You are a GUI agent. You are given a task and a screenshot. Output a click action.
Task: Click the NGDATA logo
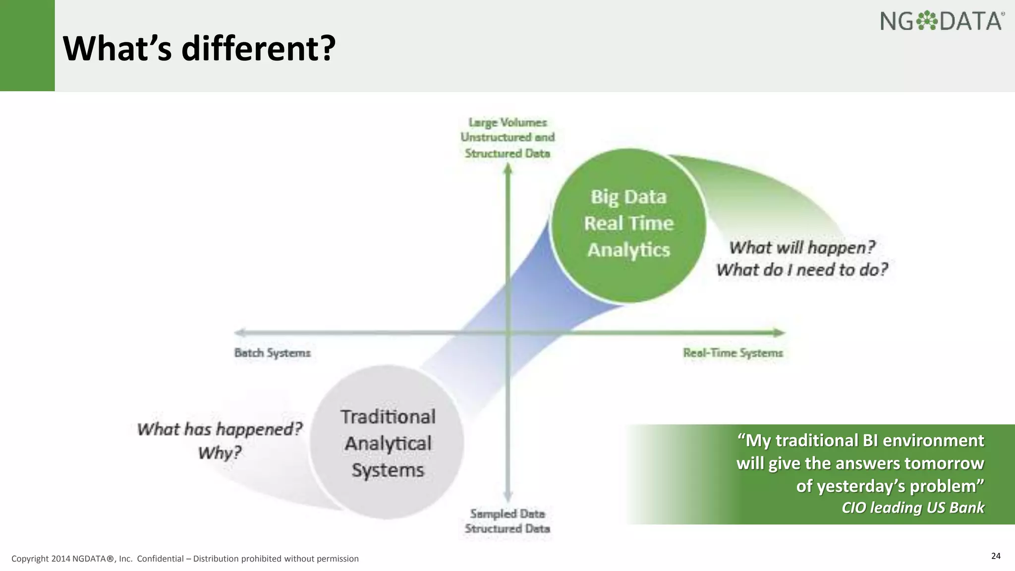(942, 21)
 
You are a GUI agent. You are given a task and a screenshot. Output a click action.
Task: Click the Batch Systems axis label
(272, 353)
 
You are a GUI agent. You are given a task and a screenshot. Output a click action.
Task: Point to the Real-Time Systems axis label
(733, 353)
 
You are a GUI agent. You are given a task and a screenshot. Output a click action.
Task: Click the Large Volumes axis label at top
(507, 122)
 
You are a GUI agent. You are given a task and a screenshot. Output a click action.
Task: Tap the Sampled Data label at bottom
(507, 514)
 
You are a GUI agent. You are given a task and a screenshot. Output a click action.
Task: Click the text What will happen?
(801, 247)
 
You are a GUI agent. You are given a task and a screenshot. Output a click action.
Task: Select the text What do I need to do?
(801, 270)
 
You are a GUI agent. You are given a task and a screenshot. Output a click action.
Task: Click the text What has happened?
(220, 429)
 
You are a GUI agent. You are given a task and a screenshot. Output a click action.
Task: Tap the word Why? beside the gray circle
(220, 453)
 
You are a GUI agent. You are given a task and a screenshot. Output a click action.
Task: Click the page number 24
(996, 556)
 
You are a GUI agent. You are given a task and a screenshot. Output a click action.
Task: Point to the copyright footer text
(185, 559)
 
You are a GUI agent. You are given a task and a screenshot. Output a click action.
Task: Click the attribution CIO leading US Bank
(912, 508)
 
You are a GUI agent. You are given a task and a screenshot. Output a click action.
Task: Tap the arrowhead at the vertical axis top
(507, 169)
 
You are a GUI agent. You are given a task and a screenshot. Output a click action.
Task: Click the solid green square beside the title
(27, 46)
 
